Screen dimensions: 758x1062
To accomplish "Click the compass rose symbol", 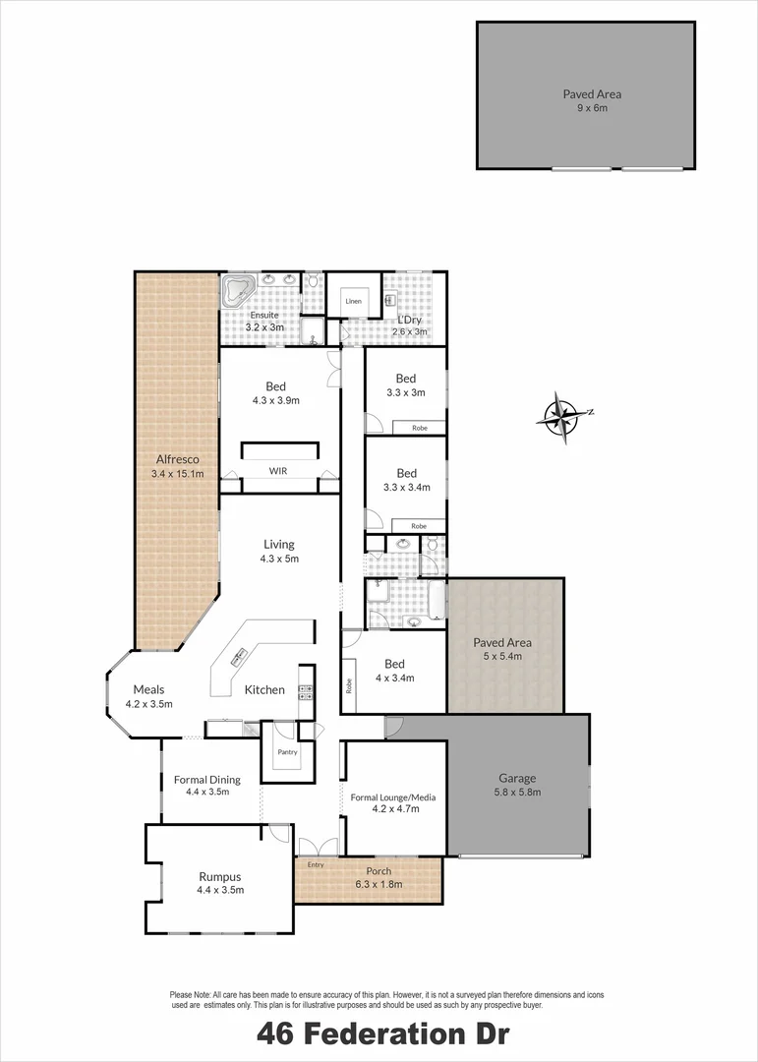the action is click(x=564, y=417).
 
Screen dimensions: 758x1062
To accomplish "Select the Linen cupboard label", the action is click(x=354, y=301).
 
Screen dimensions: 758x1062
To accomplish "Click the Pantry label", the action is click(x=288, y=752).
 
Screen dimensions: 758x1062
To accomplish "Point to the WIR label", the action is click(x=277, y=471).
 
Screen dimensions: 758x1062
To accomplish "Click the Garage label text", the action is click(x=517, y=778).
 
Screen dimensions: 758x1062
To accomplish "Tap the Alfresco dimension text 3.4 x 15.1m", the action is click(x=178, y=473).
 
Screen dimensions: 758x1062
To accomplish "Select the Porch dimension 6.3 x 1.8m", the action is click(x=379, y=884).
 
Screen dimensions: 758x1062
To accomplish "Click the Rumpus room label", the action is click(x=219, y=876).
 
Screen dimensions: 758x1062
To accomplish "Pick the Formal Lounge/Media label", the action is click(x=393, y=797).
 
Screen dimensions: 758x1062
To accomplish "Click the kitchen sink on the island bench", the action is click(x=240, y=655).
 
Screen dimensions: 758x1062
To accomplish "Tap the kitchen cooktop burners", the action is click(x=306, y=692).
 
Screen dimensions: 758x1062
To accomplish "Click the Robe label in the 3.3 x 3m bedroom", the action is click(x=420, y=428).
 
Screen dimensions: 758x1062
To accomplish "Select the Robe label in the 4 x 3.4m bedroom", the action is click(x=349, y=686).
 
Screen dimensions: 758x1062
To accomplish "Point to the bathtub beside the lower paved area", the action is click(x=437, y=600).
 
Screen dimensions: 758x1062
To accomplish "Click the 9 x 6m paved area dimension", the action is click(x=592, y=108).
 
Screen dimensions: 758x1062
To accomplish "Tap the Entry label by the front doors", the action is click(x=316, y=865).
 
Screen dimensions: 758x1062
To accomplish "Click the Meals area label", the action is click(x=149, y=689).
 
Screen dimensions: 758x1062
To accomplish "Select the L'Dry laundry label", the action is click(x=409, y=320).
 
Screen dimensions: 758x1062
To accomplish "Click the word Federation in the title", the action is click(x=381, y=1034).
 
